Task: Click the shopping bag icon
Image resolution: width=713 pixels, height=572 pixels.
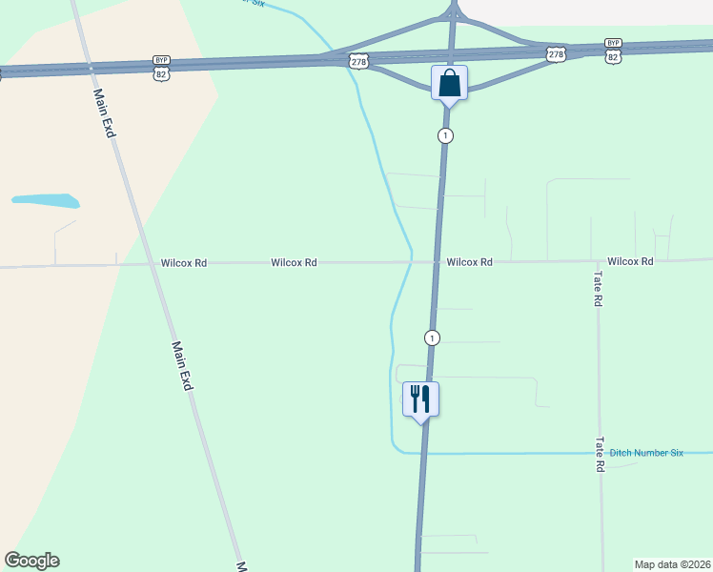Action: coord(450,82)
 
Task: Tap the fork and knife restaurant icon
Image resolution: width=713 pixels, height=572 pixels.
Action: coord(421,398)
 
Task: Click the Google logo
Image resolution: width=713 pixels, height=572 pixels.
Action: coord(31,561)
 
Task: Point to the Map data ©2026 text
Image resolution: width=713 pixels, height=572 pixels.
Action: coord(673,564)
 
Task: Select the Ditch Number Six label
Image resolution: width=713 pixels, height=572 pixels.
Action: coord(646,453)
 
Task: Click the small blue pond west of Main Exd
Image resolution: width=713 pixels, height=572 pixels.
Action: coord(45,201)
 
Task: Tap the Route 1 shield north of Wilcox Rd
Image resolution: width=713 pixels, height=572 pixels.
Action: coord(445,135)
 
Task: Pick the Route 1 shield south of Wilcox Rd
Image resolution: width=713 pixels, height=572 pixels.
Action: coord(433,337)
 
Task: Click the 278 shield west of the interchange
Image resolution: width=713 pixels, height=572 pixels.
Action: coord(358,61)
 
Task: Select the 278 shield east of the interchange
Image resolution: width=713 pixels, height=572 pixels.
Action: coord(557,54)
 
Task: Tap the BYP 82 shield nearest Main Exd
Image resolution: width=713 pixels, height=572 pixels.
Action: coord(161,67)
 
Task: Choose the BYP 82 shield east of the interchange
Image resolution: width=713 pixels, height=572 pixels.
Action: coord(613,51)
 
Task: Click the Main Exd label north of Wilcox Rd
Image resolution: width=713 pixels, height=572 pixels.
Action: coord(103,112)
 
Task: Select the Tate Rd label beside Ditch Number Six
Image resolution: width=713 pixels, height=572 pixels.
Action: coord(600,455)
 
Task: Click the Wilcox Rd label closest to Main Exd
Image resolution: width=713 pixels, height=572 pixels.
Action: coord(184,262)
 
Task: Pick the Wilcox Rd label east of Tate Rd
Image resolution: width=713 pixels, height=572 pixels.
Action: coord(630,260)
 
